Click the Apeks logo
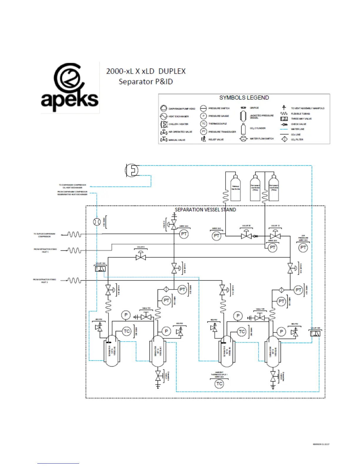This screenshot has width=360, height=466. pyautogui.click(x=69, y=87)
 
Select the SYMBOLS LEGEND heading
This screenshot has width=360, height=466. pyautogui.click(x=244, y=98)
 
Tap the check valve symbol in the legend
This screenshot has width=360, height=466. pyautogui.click(x=284, y=124)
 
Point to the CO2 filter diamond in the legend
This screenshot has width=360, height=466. pyautogui.click(x=284, y=139)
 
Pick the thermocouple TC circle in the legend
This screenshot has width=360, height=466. pyautogui.click(x=204, y=124)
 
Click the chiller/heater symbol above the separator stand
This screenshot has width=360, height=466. pyautogui.click(x=132, y=170)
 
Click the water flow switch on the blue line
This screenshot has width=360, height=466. pyautogui.click(x=97, y=222)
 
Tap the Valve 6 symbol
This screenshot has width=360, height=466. pyautogui.click(x=141, y=257)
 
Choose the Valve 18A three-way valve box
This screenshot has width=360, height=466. pyautogui.click(x=100, y=268)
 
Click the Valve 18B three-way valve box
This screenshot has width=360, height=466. pyautogui.click(x=315, y=333)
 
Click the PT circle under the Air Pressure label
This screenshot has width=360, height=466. pyautogui.click(x=303, y=248)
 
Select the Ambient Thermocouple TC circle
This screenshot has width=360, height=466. pyautogui.click(x=219, y=384)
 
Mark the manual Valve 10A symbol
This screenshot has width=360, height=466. pyautogui.click(x=146, y=317)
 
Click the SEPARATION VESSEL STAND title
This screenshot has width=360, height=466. pyautogui.click(x=205, y=210)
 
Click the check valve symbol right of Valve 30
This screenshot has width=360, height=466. pyautogui.click(x=256, y=236)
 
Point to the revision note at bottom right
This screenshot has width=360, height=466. pyautogui.click(x=321, y=444)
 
